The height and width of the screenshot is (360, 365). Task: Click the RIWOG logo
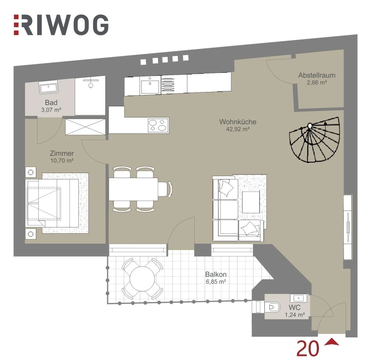61,25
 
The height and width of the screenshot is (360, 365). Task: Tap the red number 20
308,348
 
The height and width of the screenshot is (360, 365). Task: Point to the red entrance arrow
332,342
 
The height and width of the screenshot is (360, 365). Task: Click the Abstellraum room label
317,75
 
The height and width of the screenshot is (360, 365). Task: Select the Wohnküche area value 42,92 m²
238,129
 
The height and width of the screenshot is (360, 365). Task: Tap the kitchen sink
150,84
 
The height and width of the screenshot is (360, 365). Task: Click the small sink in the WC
298,298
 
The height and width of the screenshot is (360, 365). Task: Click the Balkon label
216,274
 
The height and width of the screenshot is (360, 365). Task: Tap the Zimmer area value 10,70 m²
62,160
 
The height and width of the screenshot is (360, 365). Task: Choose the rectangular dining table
133,189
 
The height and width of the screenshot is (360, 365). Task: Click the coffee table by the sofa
251,202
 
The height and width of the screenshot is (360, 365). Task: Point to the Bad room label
51,103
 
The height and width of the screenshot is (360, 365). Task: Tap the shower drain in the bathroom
91,85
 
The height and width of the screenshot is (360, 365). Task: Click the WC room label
294,307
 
